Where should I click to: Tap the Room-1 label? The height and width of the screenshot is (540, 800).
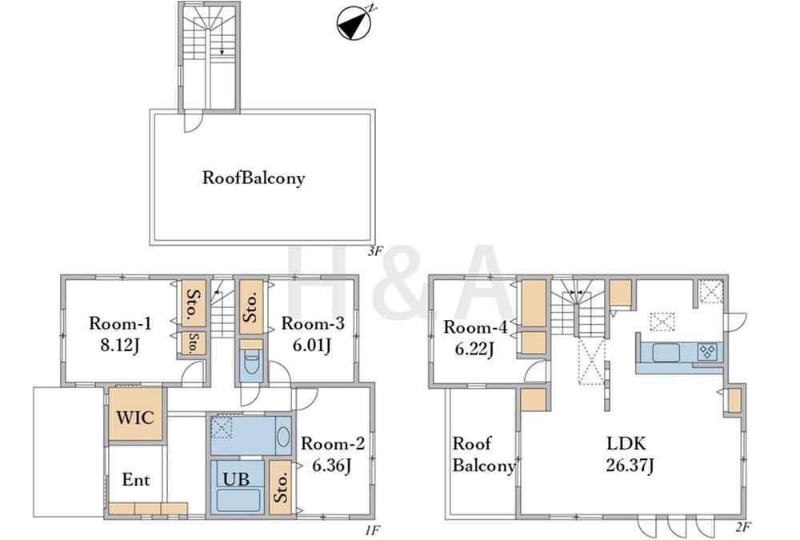tap(120, 323)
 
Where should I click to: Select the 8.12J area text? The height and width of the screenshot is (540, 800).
tap(120, 346)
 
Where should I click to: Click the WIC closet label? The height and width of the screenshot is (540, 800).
tap(135, 418)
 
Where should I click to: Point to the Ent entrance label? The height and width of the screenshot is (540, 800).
tap(136, 480)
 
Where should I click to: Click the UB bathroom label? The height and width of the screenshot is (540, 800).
tap(237, 478)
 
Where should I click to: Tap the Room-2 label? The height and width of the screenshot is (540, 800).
tap(333, 443)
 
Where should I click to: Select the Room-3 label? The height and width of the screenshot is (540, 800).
tap(313, 323)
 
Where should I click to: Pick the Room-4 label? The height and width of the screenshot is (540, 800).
tap(475, 326)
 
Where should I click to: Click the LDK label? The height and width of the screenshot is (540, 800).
tap(626, 442)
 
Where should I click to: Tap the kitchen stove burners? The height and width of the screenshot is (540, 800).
tap(707, 350)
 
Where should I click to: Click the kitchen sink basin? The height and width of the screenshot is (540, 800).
tap(666, 352)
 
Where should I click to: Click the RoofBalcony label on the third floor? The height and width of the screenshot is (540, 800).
tap(254, 178)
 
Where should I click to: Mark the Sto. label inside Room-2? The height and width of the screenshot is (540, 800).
tap(281, 487)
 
